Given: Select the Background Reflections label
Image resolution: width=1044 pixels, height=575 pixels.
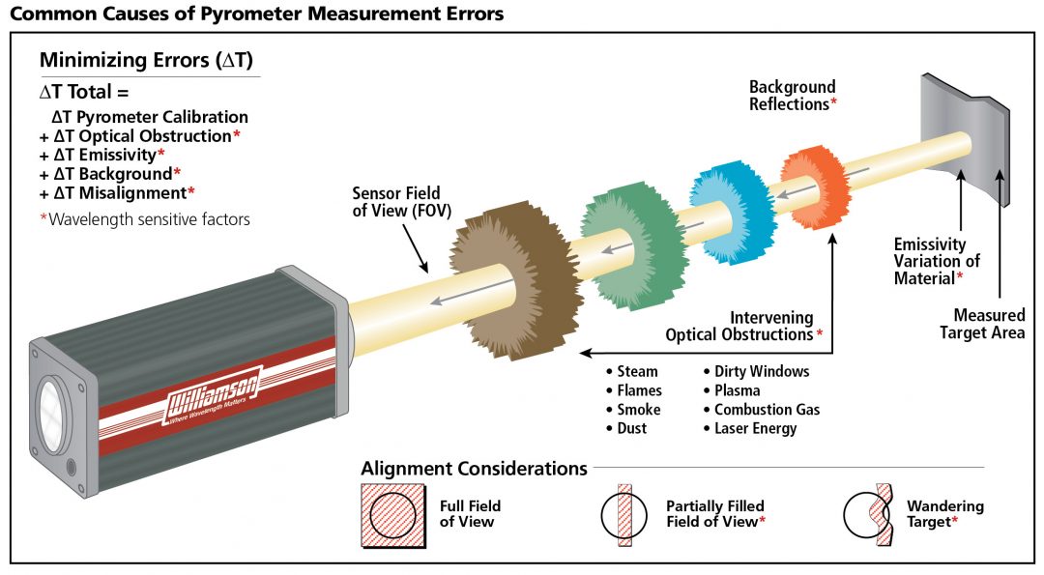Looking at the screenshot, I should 793,96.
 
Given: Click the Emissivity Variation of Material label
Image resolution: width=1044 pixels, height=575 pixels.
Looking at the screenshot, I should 937,261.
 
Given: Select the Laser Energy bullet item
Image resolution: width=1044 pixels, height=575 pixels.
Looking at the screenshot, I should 755,428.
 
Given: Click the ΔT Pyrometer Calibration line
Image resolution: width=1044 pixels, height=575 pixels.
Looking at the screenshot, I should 150,117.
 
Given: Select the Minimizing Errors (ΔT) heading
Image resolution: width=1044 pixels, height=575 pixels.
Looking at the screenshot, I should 146,60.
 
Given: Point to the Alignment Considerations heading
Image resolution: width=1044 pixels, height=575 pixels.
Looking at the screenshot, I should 474,469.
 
